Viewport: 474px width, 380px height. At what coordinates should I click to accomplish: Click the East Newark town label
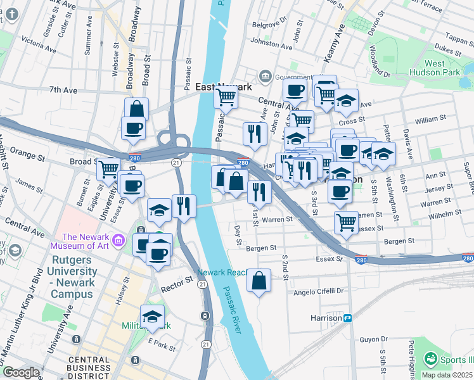224,87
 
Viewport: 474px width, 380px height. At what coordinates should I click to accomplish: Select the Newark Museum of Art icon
118,240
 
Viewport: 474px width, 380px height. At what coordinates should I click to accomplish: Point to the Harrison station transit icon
348,318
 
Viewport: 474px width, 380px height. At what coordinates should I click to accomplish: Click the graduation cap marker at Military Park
152,317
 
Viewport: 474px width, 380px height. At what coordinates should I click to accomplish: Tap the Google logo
22,372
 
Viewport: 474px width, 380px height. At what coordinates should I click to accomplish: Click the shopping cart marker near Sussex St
346,222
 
